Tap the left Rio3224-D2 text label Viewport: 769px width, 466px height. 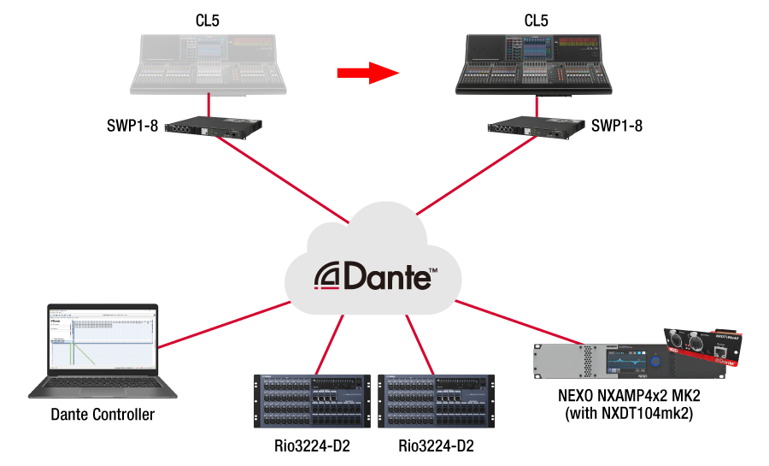313,446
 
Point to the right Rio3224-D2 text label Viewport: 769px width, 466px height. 437,446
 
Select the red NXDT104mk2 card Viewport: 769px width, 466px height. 706,346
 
